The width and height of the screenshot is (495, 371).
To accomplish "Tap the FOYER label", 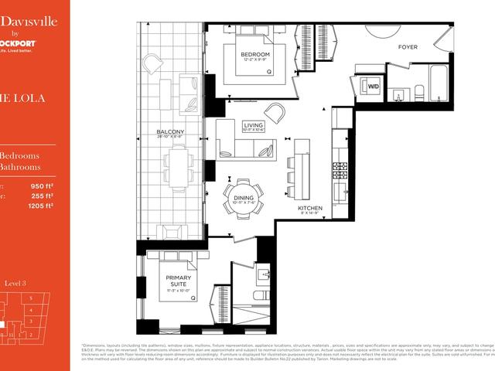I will [x=408, y=47].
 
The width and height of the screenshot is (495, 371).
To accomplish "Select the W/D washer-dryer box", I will [x=374, y=87].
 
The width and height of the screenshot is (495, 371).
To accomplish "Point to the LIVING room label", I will [x=253, y=124].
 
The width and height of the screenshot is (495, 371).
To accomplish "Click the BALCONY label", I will [x=170, y=132].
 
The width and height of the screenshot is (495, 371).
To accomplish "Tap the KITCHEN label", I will [x=310, y=207].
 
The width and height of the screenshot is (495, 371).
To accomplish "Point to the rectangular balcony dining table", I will [x=177, y=168].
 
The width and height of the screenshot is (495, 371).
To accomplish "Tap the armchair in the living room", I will [x=275, y=111].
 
